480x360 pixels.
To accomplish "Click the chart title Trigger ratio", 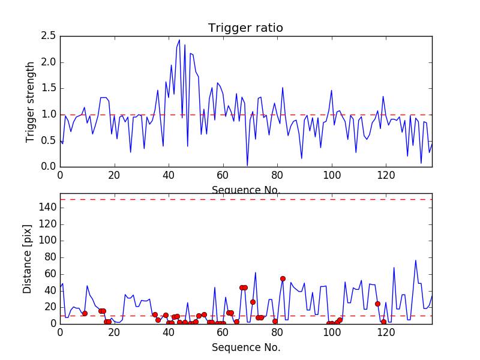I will click(x=245, y=28).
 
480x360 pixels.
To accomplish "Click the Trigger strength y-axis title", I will click(x=31, y=101).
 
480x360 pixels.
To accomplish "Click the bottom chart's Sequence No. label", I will click(x=246, y=347).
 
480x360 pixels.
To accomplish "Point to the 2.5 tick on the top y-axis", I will click(x=49, y=36).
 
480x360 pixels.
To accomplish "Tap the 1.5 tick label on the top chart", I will click(x=49, y=88).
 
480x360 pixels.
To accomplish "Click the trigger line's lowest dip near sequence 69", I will click(x=247, y=166).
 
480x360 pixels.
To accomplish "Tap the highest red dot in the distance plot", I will click(x=283, y=278).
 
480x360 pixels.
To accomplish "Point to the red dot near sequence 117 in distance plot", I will click(x=377, y=304).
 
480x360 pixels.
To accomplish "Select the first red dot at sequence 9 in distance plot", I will click(x=85, y=313).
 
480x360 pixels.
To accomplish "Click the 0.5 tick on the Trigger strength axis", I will click(x=49, y=140).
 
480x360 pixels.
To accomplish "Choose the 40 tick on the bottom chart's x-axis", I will click(x=169, y=332).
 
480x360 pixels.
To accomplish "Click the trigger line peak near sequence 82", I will click(x=283, y=88).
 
